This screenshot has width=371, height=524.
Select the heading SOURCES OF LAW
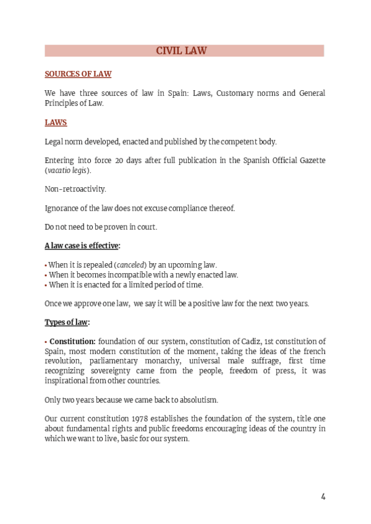coord(78,74)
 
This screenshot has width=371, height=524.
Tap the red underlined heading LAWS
coord(56,122)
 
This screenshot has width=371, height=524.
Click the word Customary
coord(236,93)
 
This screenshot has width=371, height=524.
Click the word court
coord(145,227)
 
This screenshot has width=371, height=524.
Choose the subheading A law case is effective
coord(82,246)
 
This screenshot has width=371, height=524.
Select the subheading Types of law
coord(67,322)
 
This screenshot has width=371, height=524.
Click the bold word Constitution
coord(72,341)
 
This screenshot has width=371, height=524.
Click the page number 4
coord(323,497)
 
